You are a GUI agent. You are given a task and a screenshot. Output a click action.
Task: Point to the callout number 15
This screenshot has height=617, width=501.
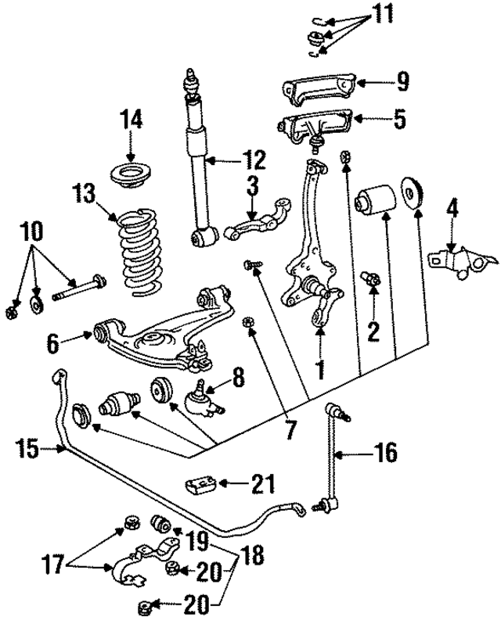click(x=29, y=448)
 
